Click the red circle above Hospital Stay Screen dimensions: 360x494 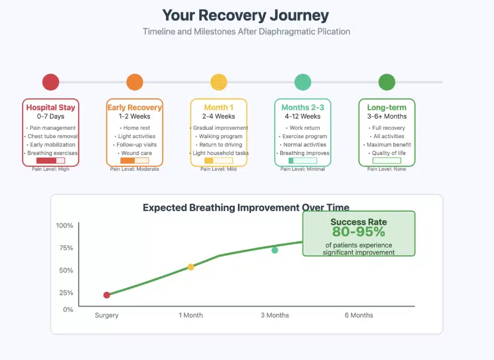[x=50, y=82]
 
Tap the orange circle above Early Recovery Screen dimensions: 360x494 [x=134, y=82]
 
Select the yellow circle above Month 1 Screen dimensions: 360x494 [x=218, y=82]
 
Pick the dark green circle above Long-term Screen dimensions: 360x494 [x=386, y=82]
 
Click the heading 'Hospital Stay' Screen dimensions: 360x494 [x=51, y=107]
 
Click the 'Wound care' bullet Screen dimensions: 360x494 [x=135, y=153]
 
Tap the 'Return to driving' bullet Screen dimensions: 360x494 [x=219, y=145]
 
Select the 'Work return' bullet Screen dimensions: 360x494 [x=303, y=128]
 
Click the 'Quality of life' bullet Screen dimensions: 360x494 [x=387, y=153]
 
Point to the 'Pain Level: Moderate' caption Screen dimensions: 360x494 [x=134, y=169]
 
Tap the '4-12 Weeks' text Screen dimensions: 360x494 [x=303, y=117]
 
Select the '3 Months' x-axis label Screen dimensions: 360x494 [x=275, y=315]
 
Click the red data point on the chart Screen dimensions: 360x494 [x=107, y=295]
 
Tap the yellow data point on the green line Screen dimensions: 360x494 [x=191, y=267]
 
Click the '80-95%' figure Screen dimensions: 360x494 [x=359, y=232]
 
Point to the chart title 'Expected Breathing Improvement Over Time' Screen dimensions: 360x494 [x=246, y=207]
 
